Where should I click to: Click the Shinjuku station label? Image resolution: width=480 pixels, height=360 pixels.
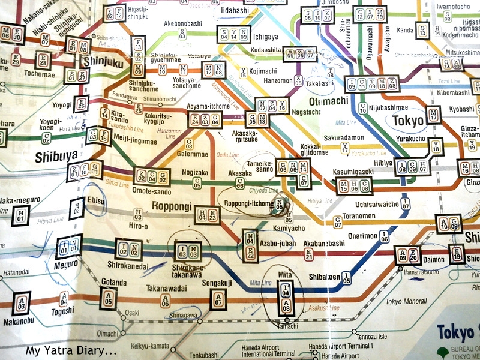point(103,61)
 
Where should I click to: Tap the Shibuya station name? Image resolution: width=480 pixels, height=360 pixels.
point(56,155)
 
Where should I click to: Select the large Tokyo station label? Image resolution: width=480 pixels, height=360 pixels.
point(408,120)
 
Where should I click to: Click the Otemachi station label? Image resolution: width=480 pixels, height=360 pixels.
point(328,100)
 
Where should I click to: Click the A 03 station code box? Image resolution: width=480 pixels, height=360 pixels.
point(22,303)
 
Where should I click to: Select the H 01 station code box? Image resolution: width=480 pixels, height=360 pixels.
point(20,215)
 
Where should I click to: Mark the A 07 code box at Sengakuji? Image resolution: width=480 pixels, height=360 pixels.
point(218,298)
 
